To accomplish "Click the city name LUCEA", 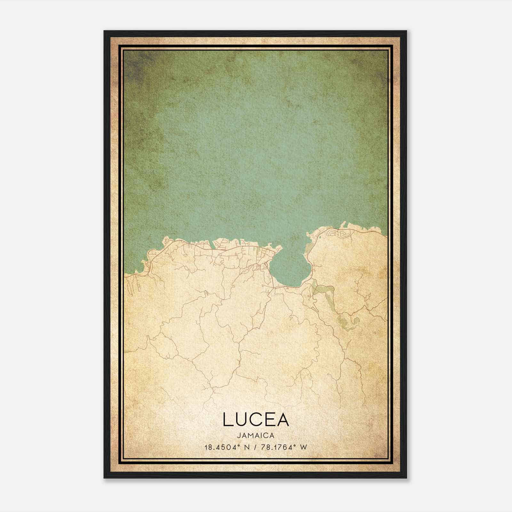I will pos(256,420).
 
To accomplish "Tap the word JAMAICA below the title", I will pos(256,436).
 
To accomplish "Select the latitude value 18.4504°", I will pos(221,447).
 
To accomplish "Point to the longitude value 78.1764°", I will pos(276,447).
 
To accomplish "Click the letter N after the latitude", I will pos(246,447).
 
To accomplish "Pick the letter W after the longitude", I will pos(303,447).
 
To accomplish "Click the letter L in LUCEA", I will pos(228,420).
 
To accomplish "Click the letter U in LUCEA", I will pos(242,420).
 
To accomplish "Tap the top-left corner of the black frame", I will pos(105,31).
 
